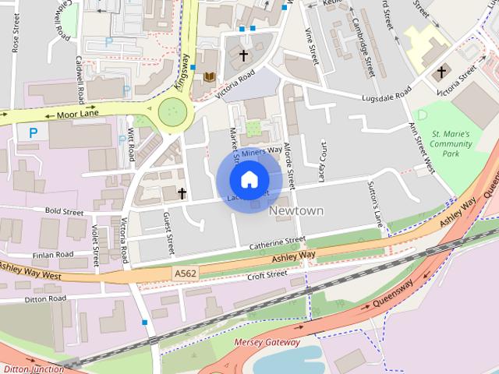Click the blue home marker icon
coord(248,180)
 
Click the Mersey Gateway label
coord(267,342)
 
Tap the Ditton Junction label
coord(33,369)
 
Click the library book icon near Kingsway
coord(208,76)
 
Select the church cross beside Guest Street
coord(182,192)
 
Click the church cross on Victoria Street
coord(441,72)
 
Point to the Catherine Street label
coord(277,244)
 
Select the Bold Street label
coord(64,210)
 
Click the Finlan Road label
coord(53,255)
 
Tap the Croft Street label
coord(267,275)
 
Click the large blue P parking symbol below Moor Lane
coord(33,133)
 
